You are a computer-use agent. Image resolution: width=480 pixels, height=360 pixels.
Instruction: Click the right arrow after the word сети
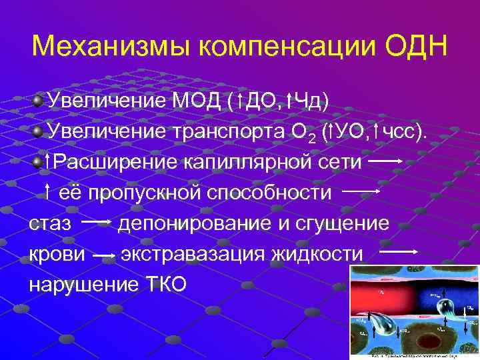pos(385,161)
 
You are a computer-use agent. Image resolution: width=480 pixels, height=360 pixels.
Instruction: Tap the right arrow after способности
pos(360,191)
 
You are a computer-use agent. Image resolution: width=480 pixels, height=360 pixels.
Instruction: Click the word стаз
pos(50,223)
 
